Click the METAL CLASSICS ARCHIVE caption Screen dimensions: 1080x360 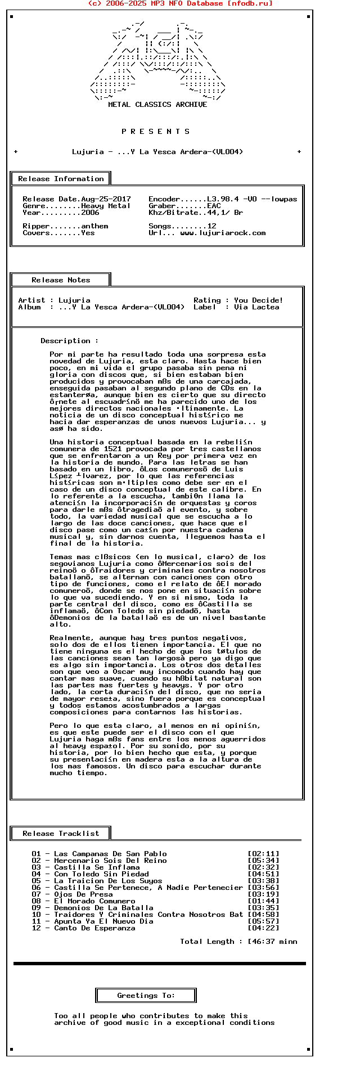click(157, 105)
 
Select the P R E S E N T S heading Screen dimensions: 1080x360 click(156, 132)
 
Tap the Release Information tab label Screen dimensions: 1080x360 click(61, 179)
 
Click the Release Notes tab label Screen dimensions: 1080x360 click(61, 280)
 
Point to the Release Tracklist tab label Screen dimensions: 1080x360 click(61, 834)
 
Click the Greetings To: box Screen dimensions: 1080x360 click(146, 996)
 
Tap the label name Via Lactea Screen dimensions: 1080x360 click(256, 307)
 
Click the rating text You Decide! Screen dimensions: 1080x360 click(259, 300)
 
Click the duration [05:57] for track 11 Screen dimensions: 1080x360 click(263, 921)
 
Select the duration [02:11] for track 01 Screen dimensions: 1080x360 click(263, 854)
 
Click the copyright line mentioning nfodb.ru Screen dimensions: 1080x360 click(180, 3)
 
